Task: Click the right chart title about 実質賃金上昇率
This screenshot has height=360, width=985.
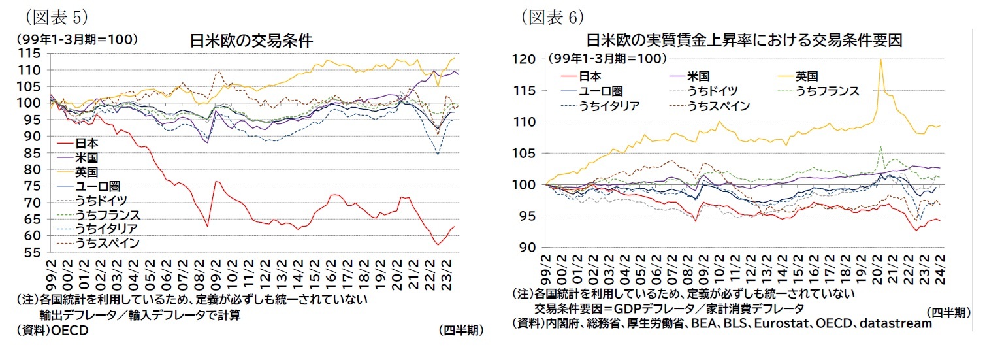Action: [x=744, y=40]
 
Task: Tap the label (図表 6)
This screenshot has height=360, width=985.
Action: [x=552, y=14]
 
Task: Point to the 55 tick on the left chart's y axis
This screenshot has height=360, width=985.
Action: [x=34, y=252]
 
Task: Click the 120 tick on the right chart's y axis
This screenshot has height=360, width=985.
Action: [x=526, y=59]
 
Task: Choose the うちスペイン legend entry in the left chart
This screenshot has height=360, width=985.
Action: [x=107, y=244]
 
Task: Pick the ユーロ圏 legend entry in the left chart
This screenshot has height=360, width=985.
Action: [x=97, y=186]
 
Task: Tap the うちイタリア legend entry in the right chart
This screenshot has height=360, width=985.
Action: [x=612, y=105]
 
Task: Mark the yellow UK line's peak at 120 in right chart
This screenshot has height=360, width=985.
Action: [x=881, y=60]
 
